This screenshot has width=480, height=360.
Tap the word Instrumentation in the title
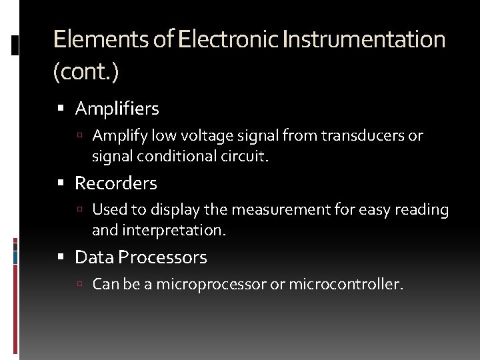coord(364,39)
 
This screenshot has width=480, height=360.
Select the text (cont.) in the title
coord(85,72)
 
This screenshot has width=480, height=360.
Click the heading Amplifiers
coord(117,108)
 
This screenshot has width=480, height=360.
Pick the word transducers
coord(361,136)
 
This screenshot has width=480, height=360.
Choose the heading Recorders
coord(116,183)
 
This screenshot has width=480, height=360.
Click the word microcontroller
coord(346,285)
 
